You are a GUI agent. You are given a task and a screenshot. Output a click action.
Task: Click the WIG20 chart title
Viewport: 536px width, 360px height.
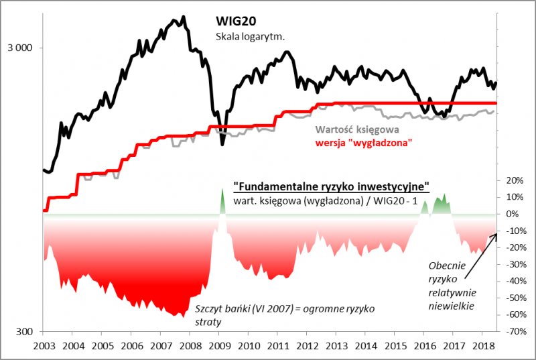235,22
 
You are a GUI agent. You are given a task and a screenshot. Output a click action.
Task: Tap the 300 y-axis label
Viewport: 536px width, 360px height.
24,332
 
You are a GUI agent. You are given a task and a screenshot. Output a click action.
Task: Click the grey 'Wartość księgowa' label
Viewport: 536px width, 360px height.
356,131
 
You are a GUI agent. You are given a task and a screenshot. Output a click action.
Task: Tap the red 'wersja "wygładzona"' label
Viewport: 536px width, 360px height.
362,143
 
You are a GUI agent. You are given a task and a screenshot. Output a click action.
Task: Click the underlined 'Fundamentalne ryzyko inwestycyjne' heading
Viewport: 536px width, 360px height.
331,186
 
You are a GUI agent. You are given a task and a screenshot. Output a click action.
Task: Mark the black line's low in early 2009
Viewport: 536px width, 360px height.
222,144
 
